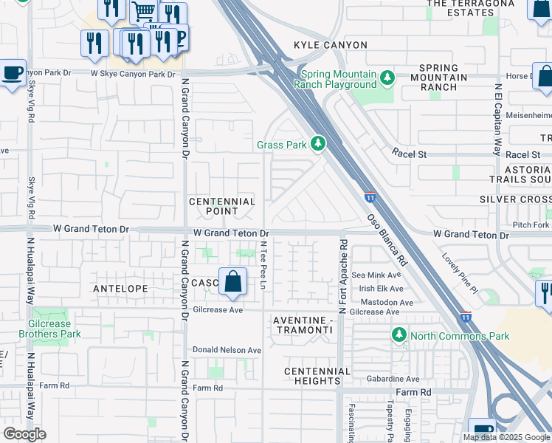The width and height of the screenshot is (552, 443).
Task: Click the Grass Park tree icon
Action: [x=318, y=143]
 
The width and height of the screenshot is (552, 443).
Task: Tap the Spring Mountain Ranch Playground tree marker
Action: [x=385, y=78]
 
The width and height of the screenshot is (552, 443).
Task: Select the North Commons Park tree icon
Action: [x=399, y=336]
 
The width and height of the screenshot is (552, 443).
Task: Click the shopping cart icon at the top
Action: [x=144, y=12]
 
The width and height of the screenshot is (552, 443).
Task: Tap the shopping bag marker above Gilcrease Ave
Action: [x=232, y=282]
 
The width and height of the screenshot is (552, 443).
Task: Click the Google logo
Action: [x=24, y=434]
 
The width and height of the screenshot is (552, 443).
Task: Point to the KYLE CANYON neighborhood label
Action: [x=330, y=45]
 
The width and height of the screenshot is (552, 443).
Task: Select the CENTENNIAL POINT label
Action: [x=222, y=207]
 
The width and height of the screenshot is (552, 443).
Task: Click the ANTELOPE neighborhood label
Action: [x=120, y=288]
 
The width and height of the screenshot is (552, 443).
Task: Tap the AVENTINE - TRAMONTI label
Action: [x=308, y=325]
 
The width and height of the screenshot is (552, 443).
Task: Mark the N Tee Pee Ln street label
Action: [x=263, y=264]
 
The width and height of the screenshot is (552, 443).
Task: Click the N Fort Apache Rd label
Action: [x=342, y=276]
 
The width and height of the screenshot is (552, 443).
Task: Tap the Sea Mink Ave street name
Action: [x=377, y=275]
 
